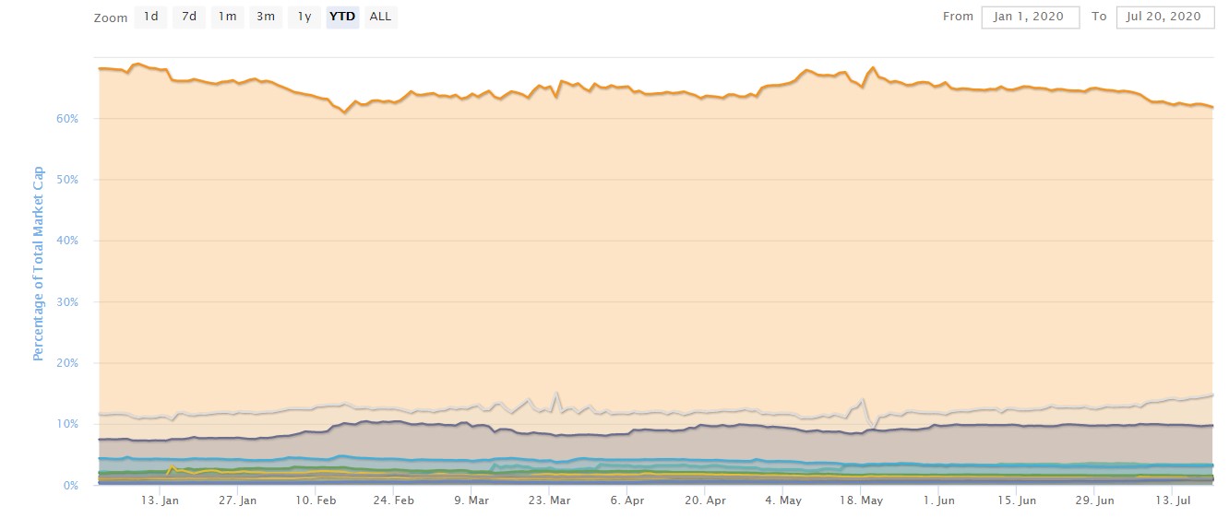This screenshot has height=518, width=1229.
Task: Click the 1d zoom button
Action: [x=150, y=17]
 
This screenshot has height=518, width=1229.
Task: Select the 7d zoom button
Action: [x=188, y=17]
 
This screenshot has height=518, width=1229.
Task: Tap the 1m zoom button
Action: [x=227, y=17]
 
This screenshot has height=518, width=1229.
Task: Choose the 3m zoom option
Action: [x=266, y=17]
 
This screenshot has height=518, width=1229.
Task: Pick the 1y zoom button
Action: [x=304, y=17]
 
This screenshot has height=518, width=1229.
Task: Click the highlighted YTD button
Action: [x=342, y=17]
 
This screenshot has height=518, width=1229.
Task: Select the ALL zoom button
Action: [x=379, y=17]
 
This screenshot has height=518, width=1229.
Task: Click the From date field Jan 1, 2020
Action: [x=1030, y=17]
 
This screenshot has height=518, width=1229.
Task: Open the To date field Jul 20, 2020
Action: [x=1164, y=17]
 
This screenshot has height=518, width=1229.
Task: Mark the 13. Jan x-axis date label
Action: [x=160, y=501]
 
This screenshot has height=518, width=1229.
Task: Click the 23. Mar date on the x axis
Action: [x=550, y=501]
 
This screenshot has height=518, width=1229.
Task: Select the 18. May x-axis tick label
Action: [x=861, y=501]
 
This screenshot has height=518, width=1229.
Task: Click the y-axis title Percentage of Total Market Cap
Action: [x=39, y=264]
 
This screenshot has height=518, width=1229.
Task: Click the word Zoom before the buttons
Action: [x=111, y=18]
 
